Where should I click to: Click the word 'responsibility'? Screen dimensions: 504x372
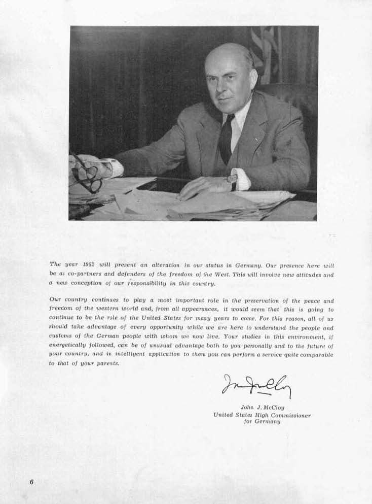click(x=152, y=284)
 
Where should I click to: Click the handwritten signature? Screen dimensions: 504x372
click(x=256, y=386)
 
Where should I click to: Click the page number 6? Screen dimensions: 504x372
click(x=31, y=482)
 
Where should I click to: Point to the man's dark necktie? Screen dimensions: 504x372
click(x=226, y=139)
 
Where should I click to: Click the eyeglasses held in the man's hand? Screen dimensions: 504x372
click(x=86, y=175)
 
